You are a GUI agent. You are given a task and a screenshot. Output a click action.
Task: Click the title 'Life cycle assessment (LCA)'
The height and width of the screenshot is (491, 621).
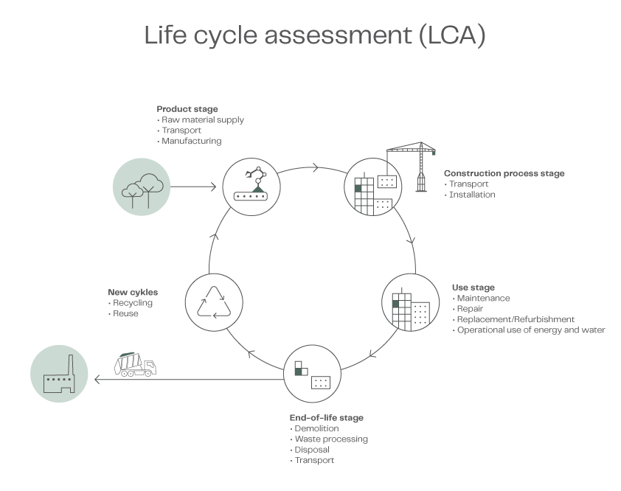point(314,36)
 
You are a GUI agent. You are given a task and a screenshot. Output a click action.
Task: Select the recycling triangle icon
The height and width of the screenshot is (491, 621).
point(214,302)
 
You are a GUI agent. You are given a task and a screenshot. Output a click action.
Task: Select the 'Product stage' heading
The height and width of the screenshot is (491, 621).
point(187,109)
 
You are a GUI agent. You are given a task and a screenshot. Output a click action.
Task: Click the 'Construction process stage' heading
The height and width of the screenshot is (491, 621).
point(504,174)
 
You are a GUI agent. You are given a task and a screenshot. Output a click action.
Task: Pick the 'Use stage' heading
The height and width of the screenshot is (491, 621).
point(473,288)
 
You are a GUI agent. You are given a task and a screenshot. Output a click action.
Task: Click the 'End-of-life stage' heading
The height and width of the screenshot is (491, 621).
point(326,418)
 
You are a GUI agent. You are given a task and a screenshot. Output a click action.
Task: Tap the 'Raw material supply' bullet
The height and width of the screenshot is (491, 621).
point(203,119)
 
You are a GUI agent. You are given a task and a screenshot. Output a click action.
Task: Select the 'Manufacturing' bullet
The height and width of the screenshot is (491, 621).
point(191,141)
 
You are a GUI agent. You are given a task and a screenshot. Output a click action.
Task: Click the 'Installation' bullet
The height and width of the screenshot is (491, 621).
point(472,195)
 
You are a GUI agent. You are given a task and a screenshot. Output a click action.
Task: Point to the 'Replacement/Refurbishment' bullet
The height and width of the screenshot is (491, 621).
point(516,319)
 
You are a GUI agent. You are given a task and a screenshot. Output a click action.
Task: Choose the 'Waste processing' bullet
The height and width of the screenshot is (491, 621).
point(331,439)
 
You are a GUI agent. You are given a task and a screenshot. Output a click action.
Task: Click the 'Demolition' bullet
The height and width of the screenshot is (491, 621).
point(316,428)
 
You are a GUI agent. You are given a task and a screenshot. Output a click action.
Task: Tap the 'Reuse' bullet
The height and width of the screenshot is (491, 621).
point(125,313)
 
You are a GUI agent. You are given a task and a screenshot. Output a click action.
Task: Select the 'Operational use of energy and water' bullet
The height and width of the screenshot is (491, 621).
point(531,330)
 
